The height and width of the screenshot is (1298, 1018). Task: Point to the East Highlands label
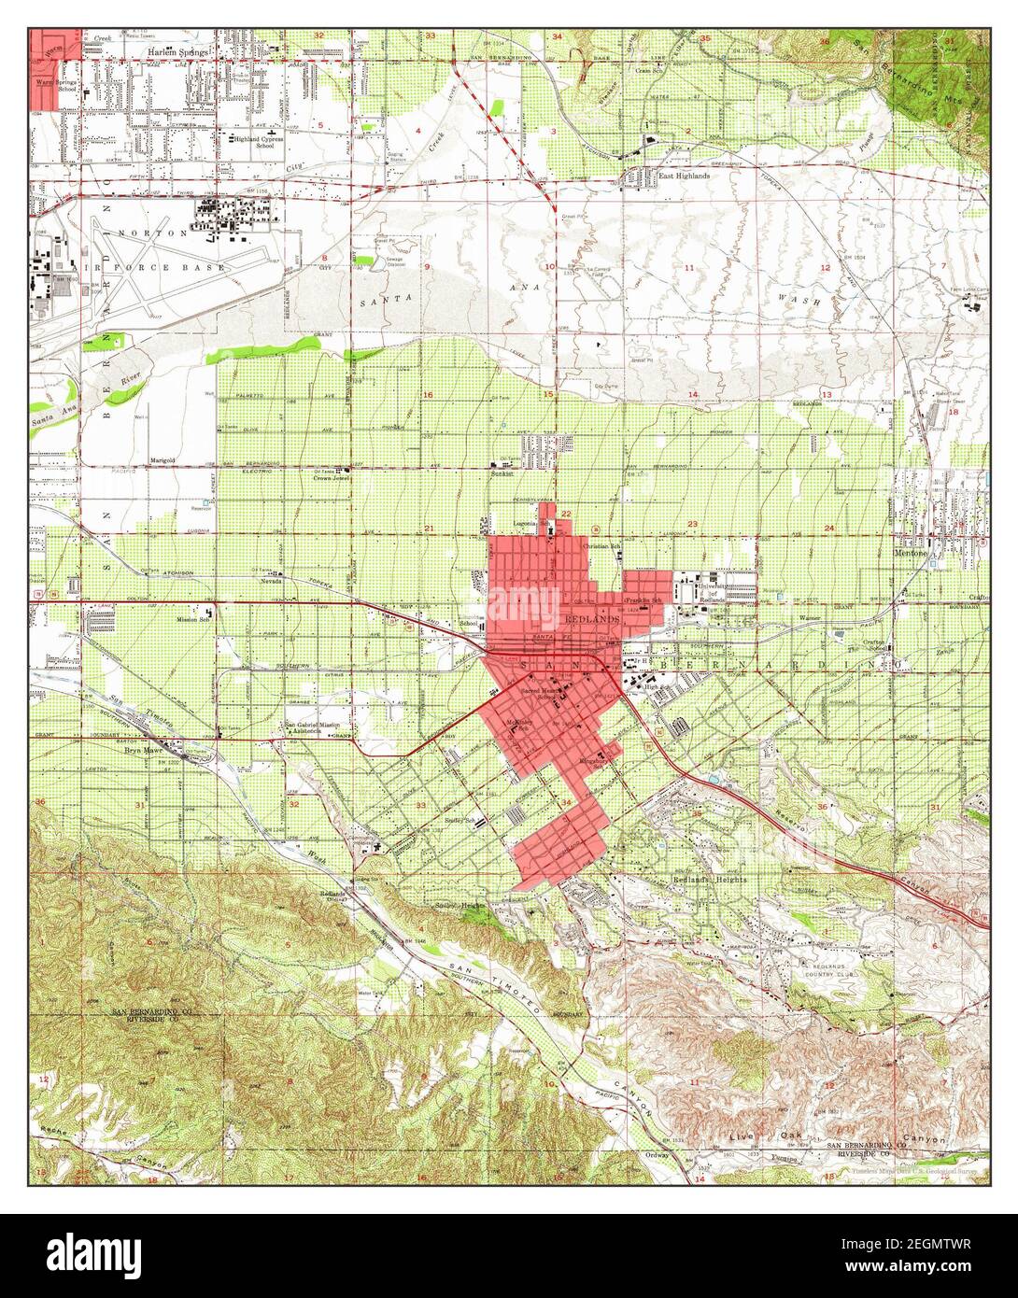[684, 175]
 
